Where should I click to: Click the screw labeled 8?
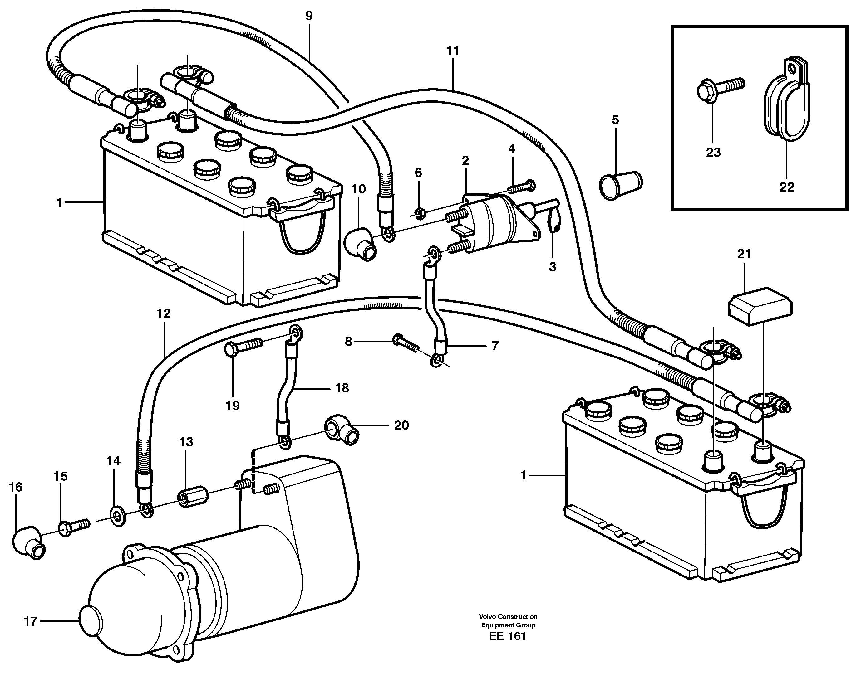click(x=406, y=342)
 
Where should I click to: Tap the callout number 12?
click(x=164, y=313)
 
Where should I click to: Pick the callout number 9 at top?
click(x=308, y=16)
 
